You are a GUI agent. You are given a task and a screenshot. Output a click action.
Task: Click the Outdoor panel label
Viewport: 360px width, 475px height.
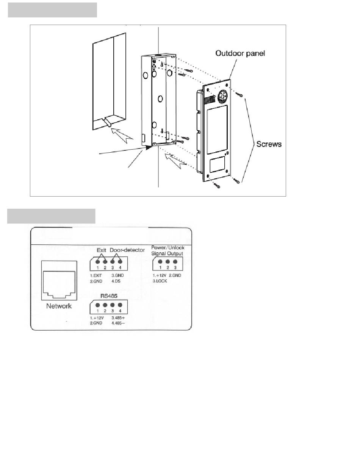240,53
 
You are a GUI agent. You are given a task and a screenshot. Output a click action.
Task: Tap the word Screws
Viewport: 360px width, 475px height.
269,144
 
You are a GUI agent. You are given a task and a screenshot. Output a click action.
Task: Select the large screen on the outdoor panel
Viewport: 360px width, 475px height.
217,130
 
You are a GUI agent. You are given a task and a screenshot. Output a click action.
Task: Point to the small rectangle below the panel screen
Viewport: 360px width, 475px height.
217,166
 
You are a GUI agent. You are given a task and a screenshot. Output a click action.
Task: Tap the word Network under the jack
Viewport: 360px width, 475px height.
59,306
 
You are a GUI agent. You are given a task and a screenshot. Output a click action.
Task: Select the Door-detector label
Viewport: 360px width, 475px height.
127,250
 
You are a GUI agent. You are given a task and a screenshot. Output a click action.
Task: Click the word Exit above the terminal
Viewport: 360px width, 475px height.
101,250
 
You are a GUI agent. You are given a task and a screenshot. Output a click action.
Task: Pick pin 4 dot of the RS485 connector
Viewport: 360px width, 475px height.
120,305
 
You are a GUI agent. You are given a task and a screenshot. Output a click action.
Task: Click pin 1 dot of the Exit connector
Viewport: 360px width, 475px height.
98,262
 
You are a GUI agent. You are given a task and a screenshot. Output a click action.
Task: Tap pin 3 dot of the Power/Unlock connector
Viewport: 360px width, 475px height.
175,262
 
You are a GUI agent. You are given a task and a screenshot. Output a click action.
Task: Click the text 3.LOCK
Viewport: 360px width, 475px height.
160,281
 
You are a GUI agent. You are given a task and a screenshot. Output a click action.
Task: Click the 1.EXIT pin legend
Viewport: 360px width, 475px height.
96,275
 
